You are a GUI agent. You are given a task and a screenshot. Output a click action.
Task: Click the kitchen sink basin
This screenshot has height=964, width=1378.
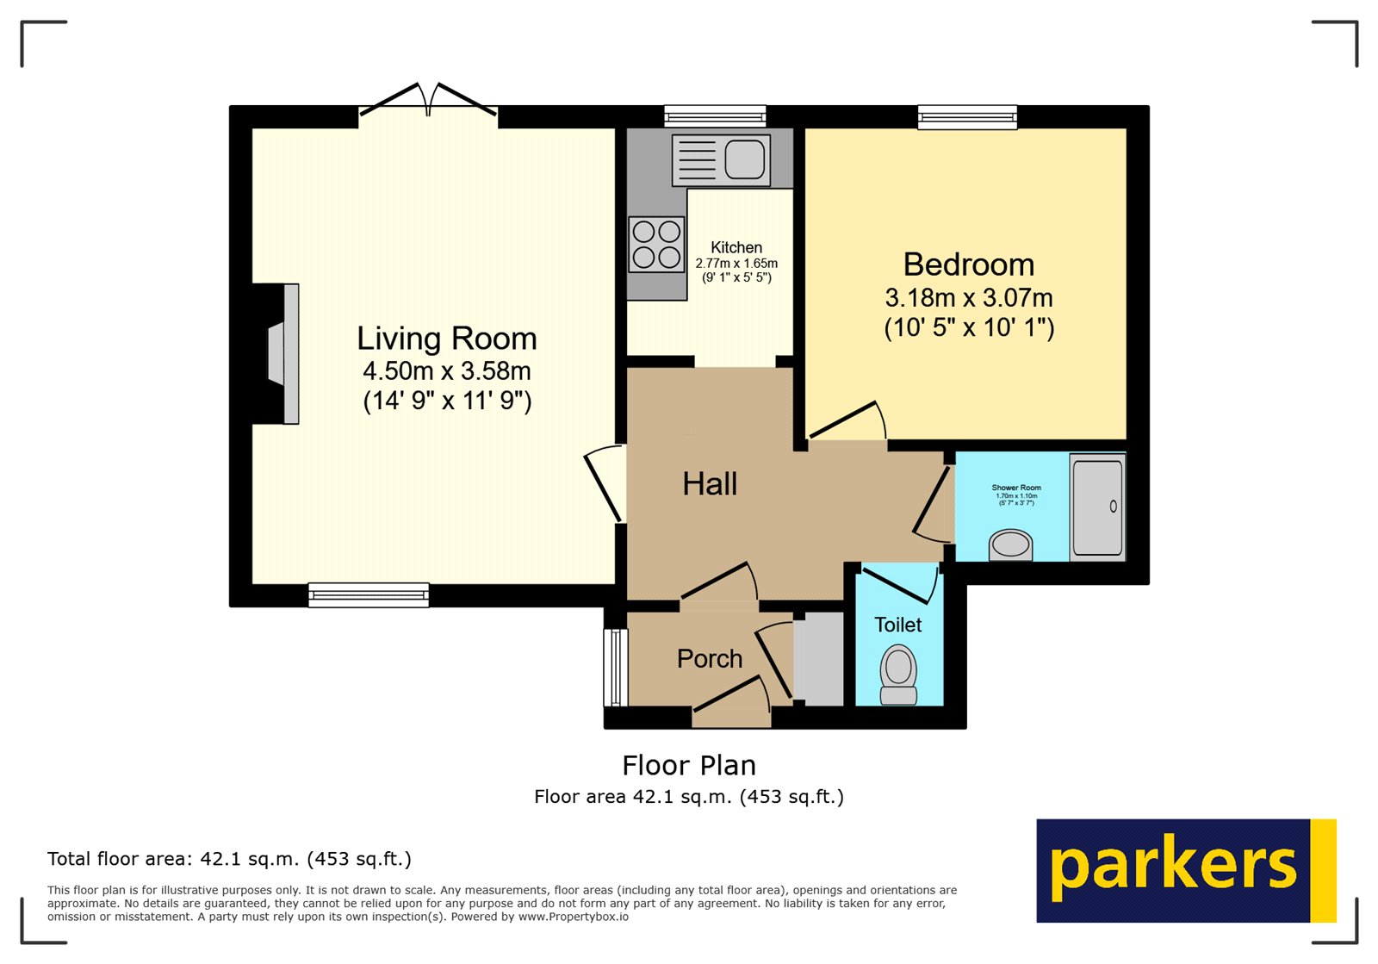(x=745, y=159)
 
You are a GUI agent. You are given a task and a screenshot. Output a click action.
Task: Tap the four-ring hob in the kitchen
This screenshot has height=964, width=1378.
(x=656, y=244)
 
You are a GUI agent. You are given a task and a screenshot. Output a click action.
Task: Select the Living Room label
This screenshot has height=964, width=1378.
(x=446, y=339)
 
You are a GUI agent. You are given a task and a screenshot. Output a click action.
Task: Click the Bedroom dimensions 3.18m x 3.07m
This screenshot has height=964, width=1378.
(x=969, y=298)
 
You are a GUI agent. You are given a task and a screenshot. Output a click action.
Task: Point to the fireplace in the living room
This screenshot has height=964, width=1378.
(x=282, y=353)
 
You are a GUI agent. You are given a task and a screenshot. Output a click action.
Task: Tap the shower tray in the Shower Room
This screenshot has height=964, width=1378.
(x=1097, y=507)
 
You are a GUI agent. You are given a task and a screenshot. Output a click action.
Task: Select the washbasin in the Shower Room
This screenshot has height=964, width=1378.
(x=1010, y=544)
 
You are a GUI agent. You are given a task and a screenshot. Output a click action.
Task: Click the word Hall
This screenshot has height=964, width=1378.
(x=710, y=484)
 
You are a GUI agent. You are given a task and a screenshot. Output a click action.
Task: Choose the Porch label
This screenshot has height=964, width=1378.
(x=710, y=659)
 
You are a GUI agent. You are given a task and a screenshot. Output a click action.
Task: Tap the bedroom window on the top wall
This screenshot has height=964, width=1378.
(x=967, y=116)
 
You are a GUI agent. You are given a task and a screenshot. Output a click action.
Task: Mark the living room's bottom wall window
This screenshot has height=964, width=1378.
(x=369, y=594)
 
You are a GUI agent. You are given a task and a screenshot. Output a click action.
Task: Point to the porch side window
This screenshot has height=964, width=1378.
(x=615, y=667)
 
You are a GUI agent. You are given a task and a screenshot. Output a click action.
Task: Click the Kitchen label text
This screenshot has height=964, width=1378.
(x=736, y=247)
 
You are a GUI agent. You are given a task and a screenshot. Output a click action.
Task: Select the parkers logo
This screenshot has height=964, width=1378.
(x=1185, y=870)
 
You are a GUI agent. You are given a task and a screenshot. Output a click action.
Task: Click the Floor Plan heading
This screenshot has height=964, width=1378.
(x=689, y=765)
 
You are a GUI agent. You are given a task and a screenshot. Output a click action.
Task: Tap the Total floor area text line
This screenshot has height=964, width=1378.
(x=229, y=859)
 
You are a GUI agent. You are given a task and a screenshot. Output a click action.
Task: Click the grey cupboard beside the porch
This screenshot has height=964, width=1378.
(x=819, y=659)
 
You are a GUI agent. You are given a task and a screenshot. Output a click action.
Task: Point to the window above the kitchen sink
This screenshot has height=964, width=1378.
(x=715, y=116)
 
